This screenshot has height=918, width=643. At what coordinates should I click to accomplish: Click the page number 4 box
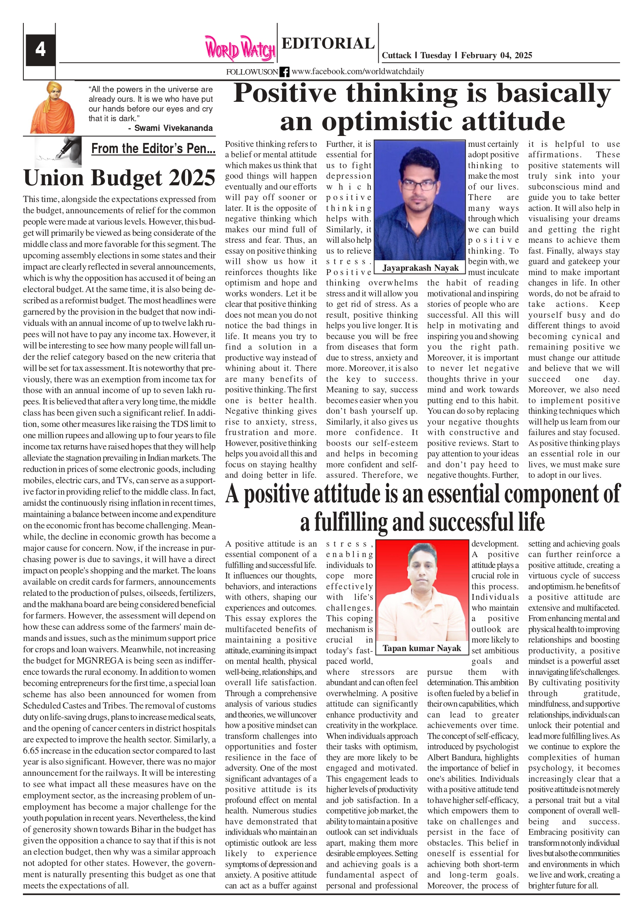[x=40, y=50]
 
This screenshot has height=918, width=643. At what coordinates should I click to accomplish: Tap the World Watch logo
[x=240, y=49]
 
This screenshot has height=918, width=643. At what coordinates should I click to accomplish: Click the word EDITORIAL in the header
[x=328, y=43]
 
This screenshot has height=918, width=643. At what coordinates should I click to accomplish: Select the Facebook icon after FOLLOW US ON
[x=285, y=72]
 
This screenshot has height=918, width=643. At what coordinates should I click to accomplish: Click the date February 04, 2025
[x=496, y=56]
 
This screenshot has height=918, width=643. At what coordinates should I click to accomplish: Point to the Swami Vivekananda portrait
[x=52, y=108]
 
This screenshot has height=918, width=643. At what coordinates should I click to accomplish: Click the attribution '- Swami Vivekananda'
[x=170, y=128]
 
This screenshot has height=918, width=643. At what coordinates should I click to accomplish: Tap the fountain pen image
[x=58, y=152]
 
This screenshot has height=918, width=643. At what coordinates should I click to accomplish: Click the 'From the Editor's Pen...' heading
[x=153, y=149]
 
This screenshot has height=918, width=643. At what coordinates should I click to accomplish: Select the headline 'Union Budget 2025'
[x=119, y=178]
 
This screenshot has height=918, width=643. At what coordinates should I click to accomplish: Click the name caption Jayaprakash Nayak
[x=420, y=268]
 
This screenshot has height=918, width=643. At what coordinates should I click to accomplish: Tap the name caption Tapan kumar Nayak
[x=422, y=648]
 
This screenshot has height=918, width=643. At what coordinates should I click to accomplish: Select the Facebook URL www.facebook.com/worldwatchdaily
[x=358, y=71]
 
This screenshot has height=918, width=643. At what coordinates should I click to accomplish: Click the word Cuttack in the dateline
[x=396, y=56]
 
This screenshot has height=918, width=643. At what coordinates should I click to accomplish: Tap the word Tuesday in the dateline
[x=435, y=56]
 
